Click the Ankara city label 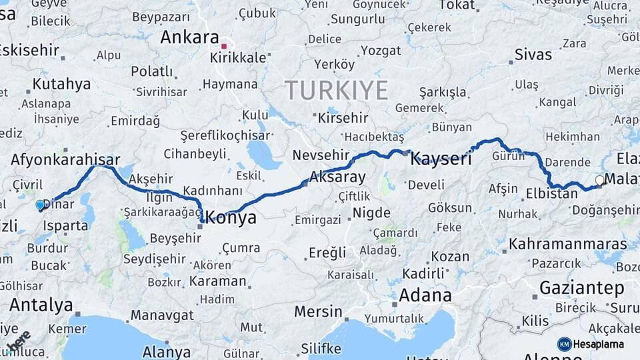[189, 37]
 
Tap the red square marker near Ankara [225, 46]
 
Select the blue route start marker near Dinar [40, 205]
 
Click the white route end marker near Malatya [599, 180]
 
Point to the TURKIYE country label [336, 90]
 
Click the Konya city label [232, 217]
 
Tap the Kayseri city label [441, 159]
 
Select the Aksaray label [338, 177]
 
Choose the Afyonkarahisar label [65, 160]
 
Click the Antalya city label [41, 306]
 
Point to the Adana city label [425, 295]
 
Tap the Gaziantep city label [581, 289]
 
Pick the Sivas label [533, 55]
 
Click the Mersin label [318, 311]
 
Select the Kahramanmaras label [567, 244]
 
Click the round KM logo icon [565, 344]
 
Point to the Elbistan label [551, 195]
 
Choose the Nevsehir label [321, 155]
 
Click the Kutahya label [61, 84]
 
